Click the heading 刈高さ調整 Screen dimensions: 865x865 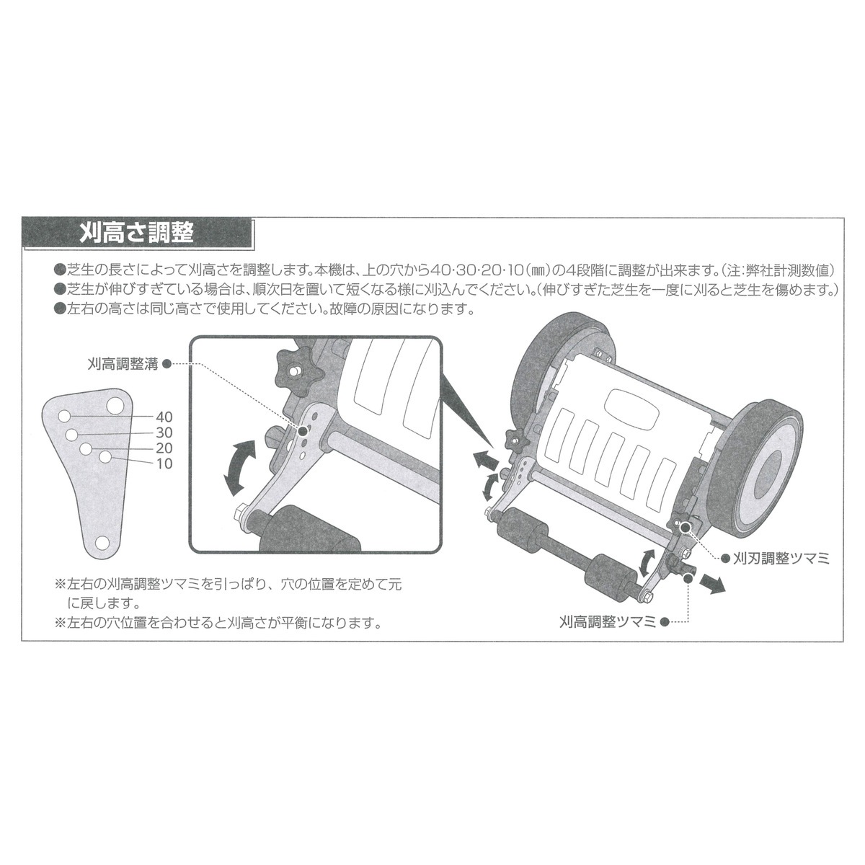(x=137, y=233)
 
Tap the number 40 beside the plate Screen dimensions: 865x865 (x=164, y=417)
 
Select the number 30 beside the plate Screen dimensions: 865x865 (x=164, y=432)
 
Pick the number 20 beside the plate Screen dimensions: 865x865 (x=164, y=448)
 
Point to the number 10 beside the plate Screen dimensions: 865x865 (x=164, y=464)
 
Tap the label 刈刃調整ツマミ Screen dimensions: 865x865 (x=781, y=558)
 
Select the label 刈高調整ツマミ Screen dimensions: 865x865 (x=607, y=621)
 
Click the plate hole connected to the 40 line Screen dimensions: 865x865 (x=65, y=417)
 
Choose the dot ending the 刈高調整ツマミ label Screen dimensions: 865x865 (x=665, y=621)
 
